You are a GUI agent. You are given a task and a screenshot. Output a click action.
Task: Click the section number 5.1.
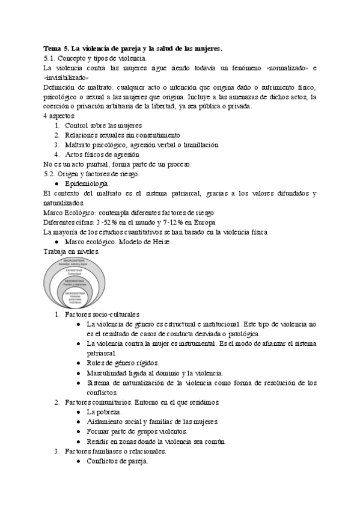click(x=50, y=58)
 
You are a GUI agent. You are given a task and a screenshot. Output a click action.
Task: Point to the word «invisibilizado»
click(x=67, y=78)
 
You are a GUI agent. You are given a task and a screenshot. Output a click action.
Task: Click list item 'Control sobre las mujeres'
click(x=104, y=125)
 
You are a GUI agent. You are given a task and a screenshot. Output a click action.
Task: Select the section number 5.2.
click(x=50, y=174)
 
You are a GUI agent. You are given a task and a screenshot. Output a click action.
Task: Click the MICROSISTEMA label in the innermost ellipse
click(x=75, y=292)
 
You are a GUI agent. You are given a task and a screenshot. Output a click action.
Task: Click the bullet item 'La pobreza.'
click(x=104, y=412)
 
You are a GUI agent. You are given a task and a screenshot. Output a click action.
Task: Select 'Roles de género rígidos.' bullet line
click(x=123, y=363)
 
